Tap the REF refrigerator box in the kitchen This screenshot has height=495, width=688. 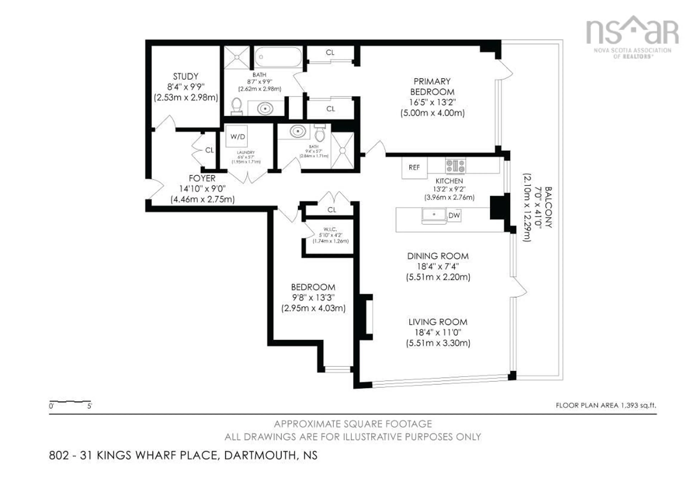pyautogui.click(x=414, y=167)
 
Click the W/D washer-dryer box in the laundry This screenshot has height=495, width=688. pyautogui.click(x=237, y=137)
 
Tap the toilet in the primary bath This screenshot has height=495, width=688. pyautogui.click(x=236, y=106)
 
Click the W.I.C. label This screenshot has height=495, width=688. pyautogui.click(x=330, y=229)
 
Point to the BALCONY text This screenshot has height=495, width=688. pyautogui.click(x=548, y=207)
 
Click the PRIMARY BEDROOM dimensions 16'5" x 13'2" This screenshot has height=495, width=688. pyautogui.click(x=432, y=102)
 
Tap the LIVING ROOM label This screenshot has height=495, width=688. pyautogui.click(x=438, y=322)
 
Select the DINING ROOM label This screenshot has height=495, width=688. pyautogui.click(x=438, y=256)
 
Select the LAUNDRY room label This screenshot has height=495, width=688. pyautogui.click(x=246, y=152)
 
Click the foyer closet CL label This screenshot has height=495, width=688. pyautogui.click(x=209, y=150)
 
